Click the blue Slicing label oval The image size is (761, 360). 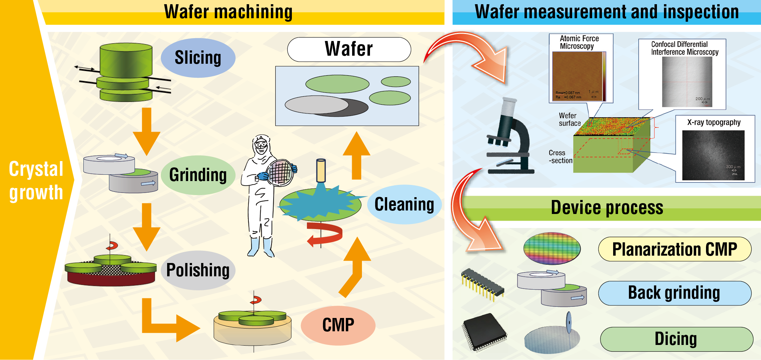tap(198, 58)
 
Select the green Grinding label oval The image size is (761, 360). tap(198, 175)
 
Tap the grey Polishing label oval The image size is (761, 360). tap(198, 270)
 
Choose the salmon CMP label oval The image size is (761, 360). tap(338, 325)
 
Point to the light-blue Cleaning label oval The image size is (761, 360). tap(404, 205)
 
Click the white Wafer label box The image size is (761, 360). tap(349, 49)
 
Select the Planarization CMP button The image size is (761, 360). tap(674, 249)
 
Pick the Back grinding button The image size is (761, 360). tap(674, 293)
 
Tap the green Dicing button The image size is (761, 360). tap(676, 339)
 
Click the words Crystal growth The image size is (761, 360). tap(36, 181)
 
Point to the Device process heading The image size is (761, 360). tap(607, 208)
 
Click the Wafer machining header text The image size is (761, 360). tap(228, 12)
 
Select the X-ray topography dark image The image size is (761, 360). tap(713, 155)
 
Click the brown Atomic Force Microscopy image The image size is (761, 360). tap(578, 76)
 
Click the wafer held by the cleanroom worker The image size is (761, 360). tap(280, 172)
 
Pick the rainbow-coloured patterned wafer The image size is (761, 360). tap(552, 248)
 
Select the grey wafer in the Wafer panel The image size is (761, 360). tap(316, 105)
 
